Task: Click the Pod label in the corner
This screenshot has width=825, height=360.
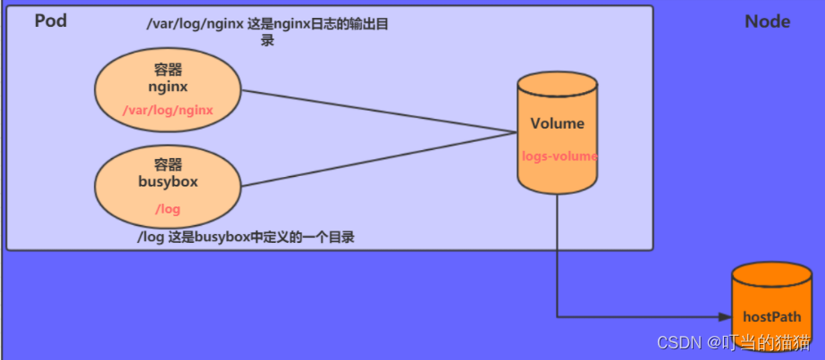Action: [51, 21]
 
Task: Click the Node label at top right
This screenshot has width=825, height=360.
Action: [767, 21]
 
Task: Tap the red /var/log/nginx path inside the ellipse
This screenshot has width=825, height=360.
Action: [168, 110]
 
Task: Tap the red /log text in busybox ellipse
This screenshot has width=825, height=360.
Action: [167, 208]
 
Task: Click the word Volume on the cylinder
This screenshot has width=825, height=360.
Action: [557, 123]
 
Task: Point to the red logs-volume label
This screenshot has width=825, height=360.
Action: [560, 155]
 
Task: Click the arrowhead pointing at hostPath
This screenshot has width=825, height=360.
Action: [725, 316]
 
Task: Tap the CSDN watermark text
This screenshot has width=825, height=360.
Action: [733, 343]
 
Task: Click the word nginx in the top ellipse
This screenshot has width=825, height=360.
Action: [168, 87]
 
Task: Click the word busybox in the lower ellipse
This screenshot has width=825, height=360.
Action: [168, 184]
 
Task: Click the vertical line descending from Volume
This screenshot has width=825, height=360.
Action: [558, 259]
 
